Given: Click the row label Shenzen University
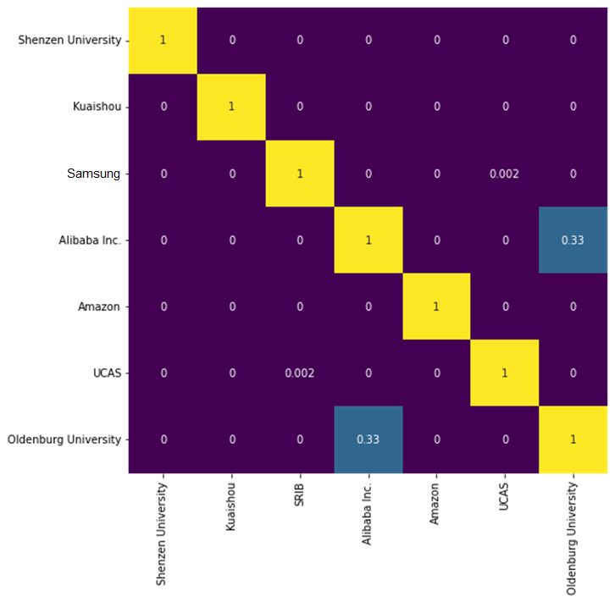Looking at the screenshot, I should (69, 41).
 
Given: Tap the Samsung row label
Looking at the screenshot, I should (94, 174).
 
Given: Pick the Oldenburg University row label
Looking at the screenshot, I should (64, 439).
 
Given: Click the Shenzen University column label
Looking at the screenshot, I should (163, 533).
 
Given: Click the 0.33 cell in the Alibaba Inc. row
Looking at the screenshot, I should (573, 240).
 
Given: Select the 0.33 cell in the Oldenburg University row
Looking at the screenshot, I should (368, 439).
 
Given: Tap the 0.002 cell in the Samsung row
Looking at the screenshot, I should (505, 174).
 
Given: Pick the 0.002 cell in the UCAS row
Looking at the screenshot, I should (300, 373).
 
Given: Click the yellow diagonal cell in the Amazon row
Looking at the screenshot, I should (436, 307).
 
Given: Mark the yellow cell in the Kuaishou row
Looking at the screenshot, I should (231, 108).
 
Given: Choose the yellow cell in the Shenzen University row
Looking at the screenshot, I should (163, 41).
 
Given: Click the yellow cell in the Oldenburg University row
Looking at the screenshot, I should (573, 439).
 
